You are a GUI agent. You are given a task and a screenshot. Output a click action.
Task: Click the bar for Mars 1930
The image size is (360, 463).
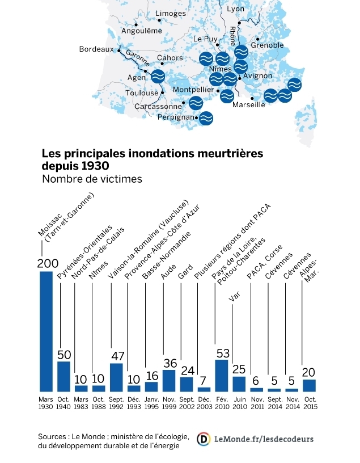pos(46,331)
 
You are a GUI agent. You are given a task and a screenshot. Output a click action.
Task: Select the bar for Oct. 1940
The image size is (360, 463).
pos(63,376)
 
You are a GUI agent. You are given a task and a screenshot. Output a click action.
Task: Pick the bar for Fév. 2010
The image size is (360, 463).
pos(222,375)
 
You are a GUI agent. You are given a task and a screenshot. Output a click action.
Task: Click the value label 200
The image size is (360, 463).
pos(47,263)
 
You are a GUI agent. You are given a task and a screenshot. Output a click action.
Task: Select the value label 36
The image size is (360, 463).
pos(169,363)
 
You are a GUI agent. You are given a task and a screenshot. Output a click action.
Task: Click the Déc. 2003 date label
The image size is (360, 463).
pos(204,403)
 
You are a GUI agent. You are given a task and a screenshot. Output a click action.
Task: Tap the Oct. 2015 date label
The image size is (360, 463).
pos(309,403)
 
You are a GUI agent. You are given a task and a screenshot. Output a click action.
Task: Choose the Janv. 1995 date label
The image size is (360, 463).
pos(151,403)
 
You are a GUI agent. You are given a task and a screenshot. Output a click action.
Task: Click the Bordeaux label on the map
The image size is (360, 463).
pos(97,49)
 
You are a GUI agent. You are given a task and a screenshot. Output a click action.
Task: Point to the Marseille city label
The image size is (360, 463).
pos(248,104)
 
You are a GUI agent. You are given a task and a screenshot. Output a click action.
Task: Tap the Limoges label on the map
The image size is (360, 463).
pos(170,13)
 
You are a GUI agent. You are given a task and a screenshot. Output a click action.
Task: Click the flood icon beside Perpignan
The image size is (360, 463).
pos(207,117)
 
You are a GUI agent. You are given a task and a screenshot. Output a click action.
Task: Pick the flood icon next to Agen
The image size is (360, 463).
pos(158,76)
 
